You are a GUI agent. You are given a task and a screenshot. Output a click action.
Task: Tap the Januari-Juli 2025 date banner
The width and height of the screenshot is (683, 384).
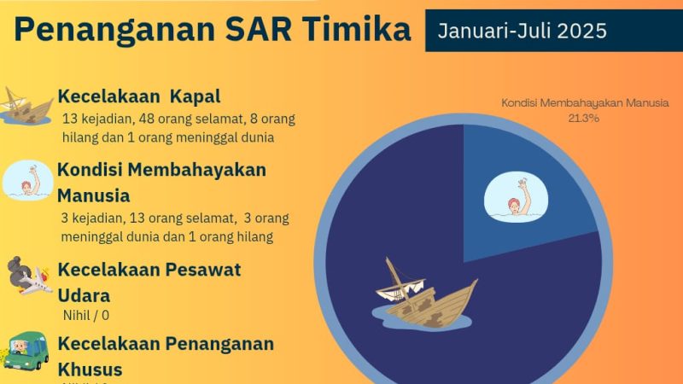[x=522, y=32]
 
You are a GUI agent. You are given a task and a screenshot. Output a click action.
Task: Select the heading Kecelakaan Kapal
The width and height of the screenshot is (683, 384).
[x=139, y=96]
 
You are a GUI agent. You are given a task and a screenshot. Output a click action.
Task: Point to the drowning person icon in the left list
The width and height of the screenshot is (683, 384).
[x=28, y=180]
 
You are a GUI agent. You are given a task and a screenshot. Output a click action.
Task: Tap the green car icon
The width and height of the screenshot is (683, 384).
[x=26, y=351]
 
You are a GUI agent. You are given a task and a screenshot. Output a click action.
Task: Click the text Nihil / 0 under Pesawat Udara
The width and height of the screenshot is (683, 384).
[x=86, y=315]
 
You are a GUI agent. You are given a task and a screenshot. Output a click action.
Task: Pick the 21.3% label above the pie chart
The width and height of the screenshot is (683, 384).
[x=584, y=118]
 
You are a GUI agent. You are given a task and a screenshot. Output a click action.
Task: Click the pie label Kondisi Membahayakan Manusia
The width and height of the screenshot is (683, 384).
[x=585, y=104]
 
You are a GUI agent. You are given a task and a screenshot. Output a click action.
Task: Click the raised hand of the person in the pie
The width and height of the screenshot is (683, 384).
[x=522, y=183]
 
